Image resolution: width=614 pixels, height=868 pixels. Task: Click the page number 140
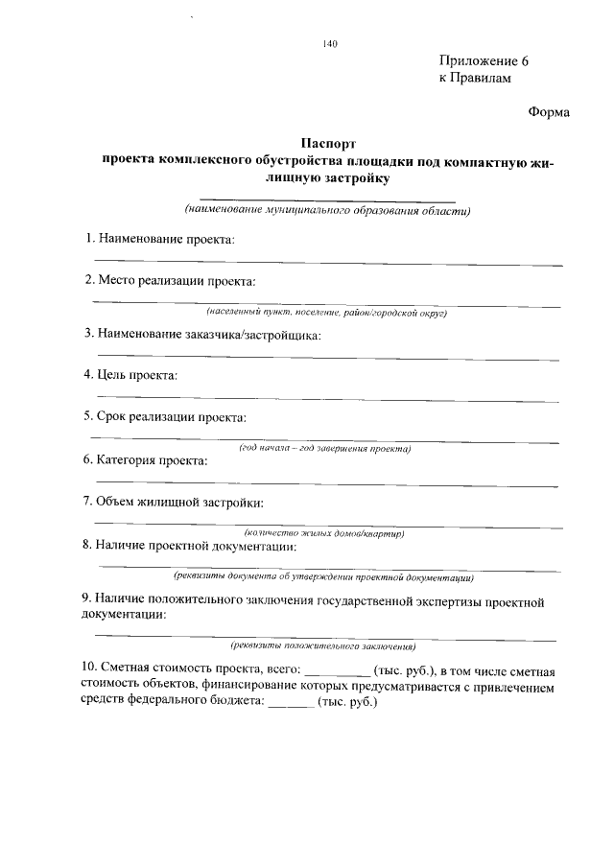[332, 43]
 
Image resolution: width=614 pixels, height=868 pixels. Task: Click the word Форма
[549, 112]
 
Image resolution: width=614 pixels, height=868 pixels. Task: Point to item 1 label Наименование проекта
[159, 237]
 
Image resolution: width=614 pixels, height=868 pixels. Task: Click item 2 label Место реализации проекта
[170, 281]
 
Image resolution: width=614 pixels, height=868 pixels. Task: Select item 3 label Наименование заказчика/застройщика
[202, 334]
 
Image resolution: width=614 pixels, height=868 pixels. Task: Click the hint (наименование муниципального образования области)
[329, 210]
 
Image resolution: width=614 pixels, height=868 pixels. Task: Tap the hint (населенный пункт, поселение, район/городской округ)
[327, 313]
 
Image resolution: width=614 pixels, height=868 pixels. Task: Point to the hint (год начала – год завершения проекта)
[325, 448]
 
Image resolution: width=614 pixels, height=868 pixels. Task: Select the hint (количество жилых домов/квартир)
[325, 533]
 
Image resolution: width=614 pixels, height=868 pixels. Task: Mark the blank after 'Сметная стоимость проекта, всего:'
[337, 672]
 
